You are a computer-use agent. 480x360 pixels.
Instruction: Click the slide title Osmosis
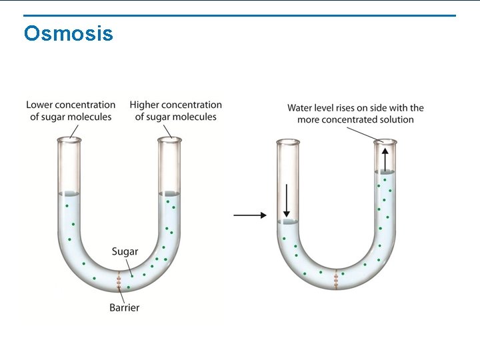(x=68, y=33)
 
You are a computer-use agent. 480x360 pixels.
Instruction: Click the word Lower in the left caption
(x=40, y=105)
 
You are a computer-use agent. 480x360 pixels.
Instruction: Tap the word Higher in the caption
(x=145, y=105)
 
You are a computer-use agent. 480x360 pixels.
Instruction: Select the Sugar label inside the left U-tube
(x=125, y=251)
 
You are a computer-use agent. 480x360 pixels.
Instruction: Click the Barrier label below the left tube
(x=125, y=307)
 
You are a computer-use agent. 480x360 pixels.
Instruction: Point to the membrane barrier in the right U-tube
(x=337, y=279)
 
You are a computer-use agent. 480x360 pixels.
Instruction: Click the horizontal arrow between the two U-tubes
(x=250, y=215)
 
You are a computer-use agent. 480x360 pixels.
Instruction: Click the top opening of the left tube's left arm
(x=69, y=139)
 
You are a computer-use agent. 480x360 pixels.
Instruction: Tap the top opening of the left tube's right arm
(x=169, y=139)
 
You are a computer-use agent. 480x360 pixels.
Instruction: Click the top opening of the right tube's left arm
(x=288, y=141)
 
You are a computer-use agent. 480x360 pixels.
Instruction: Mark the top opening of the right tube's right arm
(x=385, y=141)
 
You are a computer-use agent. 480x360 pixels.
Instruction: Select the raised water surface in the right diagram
(x=385, y=172)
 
